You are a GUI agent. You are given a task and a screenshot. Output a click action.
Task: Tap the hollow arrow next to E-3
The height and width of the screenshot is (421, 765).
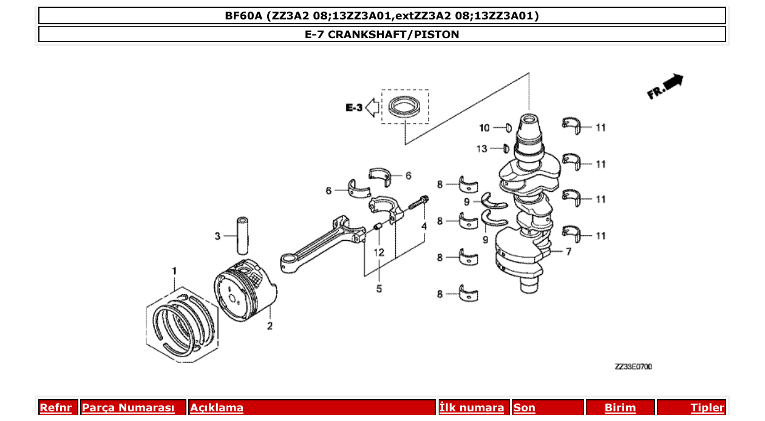tap(373, 108)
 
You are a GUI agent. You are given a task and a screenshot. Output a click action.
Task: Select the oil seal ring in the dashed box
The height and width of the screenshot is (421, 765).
tap(404, 107)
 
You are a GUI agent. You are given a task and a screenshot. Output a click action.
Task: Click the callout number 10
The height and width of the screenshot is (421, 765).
tap(484, 128)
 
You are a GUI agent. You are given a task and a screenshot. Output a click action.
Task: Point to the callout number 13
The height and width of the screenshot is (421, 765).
tap(481, 149)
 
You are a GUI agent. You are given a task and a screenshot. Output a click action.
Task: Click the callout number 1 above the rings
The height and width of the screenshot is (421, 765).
tap(174, 270)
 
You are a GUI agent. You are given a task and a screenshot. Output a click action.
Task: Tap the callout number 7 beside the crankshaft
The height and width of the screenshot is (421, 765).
tap(568, 252)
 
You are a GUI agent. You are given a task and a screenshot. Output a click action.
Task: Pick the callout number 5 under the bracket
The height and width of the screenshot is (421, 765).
tap(379, 289)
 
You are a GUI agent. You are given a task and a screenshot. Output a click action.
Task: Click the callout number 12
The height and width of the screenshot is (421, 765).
tap(379, 252)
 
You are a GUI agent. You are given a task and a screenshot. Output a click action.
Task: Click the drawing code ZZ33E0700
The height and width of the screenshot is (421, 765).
tap(633, 367)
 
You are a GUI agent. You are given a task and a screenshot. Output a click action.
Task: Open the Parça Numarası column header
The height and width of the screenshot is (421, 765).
tap(128, 408)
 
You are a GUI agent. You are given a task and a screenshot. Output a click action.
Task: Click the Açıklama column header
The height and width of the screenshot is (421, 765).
tap(217, 408)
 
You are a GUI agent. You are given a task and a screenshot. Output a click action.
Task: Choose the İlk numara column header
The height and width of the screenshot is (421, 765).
tap(471, 408)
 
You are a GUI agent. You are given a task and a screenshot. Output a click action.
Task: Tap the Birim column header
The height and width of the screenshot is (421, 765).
tap(620, 408)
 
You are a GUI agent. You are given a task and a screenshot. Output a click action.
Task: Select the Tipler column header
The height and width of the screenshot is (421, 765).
tap(707, 408)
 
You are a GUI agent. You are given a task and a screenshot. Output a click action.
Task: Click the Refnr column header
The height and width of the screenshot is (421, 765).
tap(56, 408)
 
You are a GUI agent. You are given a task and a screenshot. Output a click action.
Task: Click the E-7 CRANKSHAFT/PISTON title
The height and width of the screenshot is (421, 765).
tap(382, 35)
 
